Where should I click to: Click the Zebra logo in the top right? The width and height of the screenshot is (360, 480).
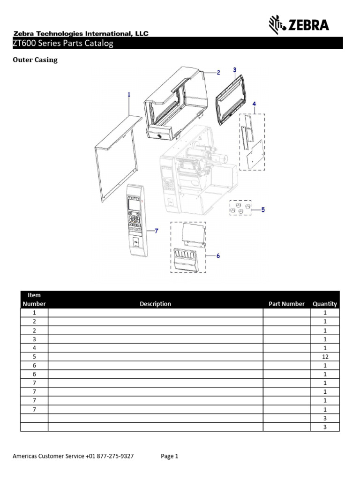click(x=298, y=24)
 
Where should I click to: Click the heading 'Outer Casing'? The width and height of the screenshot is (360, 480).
click(x=35, y=60)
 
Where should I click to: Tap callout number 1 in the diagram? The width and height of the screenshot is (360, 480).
click(x=129, y=94)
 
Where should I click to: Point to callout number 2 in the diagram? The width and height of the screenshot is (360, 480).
click(x=218, y=73)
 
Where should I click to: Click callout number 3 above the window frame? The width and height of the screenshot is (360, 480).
click(x=234, y=70)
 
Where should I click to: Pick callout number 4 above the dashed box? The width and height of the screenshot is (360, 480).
click(x=254, y=103)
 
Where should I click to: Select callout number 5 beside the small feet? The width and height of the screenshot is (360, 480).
click(x=263, y=210)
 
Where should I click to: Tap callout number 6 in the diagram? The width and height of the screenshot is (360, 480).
click(x=218, y=255)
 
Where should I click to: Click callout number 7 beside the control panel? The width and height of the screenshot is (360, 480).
click(x=157, y=231)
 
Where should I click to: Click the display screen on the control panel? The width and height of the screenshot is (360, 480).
click(x=135, y=203)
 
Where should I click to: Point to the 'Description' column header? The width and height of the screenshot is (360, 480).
click(x=155, y=304)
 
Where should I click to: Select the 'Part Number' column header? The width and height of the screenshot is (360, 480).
click(x=286, y=304)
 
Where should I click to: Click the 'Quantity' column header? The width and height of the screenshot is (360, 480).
click(x=325, y=304)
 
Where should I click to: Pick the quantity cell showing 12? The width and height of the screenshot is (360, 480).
click(x=325, y=357)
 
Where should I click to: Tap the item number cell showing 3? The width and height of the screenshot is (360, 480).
click(x=34, y=339)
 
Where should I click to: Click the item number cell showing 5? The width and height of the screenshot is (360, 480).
click(x=34, y=357)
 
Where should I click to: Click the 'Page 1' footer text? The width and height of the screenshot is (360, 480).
click(x=170, y=456)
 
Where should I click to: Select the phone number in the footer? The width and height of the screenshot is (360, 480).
click(x=110, y=456)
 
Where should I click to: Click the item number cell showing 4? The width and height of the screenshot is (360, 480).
click(x=34, y=348)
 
